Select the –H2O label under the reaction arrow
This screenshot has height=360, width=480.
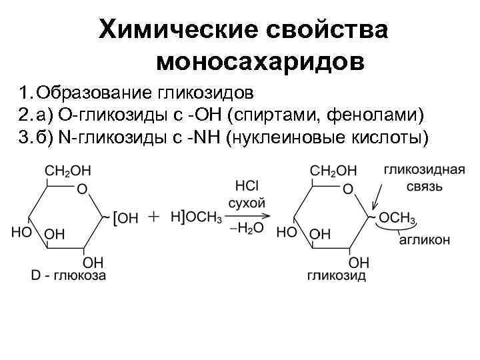[246, 229]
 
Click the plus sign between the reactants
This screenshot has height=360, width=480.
[154, 217]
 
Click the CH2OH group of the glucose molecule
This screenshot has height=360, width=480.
[68, 171]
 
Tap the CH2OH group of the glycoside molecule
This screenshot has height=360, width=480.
[334, 171]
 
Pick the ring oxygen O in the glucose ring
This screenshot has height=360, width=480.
[81, 189]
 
